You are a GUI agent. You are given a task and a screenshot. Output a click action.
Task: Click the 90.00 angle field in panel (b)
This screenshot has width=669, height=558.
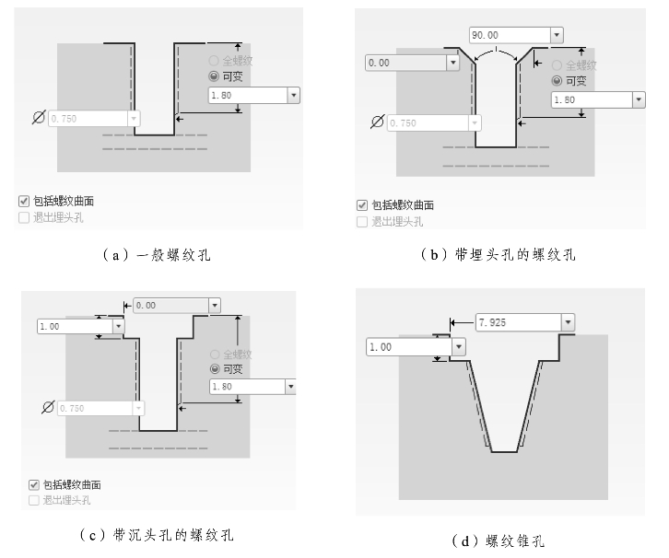[508, 35]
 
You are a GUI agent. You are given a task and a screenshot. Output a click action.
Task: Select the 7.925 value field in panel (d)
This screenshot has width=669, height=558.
[516, 322]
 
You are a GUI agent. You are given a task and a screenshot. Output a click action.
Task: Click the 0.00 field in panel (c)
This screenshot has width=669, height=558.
[170, 305]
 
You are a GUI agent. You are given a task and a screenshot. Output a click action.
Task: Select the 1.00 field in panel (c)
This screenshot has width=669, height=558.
[74, 326]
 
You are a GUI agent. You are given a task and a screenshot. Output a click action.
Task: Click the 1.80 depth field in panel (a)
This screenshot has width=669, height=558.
[247, 95]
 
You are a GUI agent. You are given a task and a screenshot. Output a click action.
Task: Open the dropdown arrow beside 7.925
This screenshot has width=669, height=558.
[568, 322]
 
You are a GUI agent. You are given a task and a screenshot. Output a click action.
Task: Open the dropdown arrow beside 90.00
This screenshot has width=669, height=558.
[556, 35]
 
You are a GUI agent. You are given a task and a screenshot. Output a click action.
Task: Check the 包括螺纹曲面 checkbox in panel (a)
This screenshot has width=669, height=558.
[25, 201]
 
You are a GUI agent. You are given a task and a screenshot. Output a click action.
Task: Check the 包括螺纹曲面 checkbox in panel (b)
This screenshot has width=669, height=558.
[362, 205]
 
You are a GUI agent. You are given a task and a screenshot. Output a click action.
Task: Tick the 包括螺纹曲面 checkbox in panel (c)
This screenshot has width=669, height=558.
[34, 484]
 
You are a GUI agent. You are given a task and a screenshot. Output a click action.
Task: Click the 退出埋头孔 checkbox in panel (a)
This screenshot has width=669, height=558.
[25, 217]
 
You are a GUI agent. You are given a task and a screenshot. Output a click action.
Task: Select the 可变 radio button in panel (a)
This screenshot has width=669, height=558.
[215, 76]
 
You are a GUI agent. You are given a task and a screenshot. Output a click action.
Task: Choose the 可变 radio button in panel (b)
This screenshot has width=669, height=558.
[557, 81]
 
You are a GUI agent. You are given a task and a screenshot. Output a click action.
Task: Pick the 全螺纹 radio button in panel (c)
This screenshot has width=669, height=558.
[215, 354]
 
